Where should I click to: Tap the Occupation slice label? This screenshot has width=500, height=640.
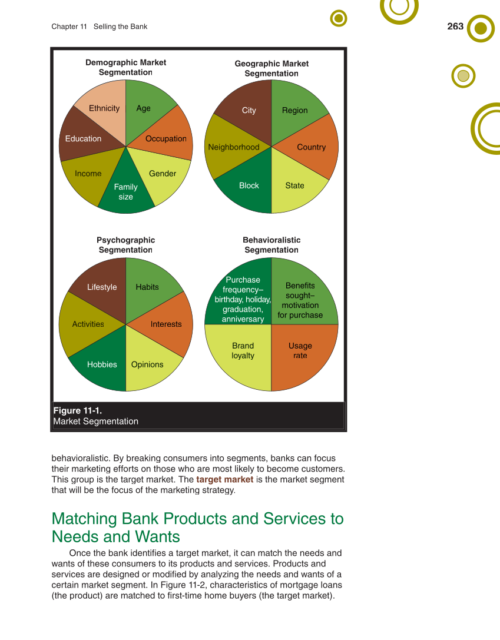(x=166, y=139)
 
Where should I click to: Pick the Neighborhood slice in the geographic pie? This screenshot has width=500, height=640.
(x=233, y=147)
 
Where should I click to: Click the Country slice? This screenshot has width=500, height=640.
(x=311, y=147)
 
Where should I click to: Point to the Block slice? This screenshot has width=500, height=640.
(x=249, y=185)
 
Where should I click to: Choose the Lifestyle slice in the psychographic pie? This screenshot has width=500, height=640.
(x=102, y=287)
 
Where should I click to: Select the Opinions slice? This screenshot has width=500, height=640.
(x=147, y=364)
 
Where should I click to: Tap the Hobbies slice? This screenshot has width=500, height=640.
(x=102, y=364)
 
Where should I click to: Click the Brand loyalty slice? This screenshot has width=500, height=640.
(x=243, y=351)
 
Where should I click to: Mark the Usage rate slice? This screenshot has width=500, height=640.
(x=300, y=351)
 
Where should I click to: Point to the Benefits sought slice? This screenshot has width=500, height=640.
(x=300, y=300)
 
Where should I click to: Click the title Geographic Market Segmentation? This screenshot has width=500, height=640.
(x=271, y=68)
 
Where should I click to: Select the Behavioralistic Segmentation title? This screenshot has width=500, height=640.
(x=271, y=245)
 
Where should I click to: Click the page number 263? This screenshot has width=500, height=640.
(x=455, y=26)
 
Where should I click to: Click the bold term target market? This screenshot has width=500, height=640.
(x=224, y=479)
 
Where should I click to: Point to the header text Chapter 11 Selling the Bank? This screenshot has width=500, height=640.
(x=99, y=26)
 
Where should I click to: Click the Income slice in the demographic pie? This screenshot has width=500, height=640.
(x=88, y=174)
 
